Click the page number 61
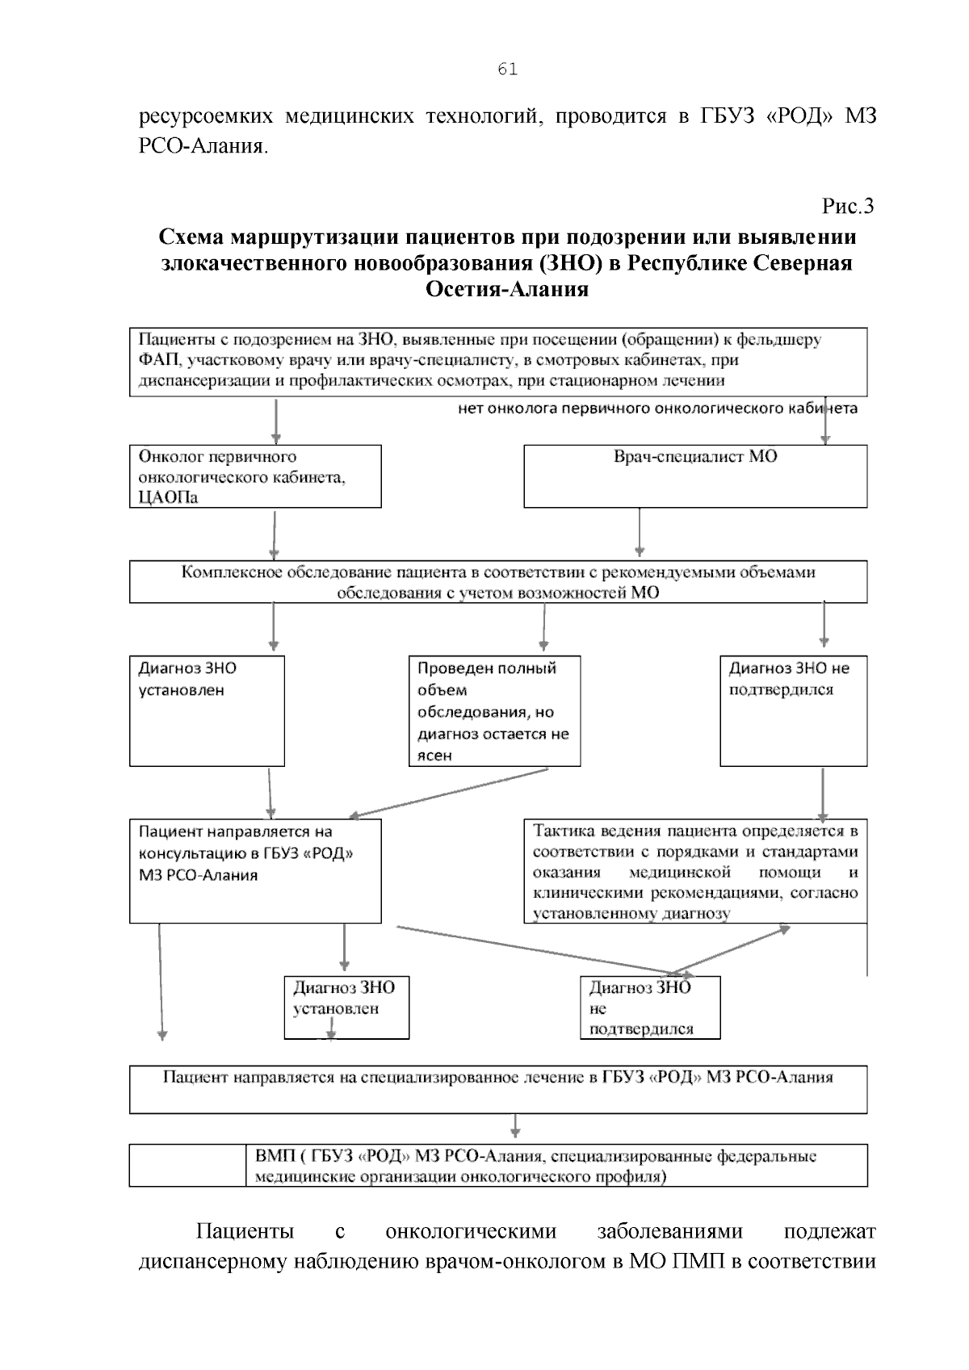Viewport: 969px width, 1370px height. (x=507, y=69)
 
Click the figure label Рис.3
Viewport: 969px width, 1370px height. (x=847, y=207)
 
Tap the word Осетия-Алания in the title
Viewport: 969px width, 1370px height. (x=506, y=289)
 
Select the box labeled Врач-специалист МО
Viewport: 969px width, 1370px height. (x=695, y=476)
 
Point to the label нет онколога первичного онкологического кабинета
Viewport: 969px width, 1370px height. (x=657, y=408)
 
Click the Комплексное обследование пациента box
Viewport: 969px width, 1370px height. (x=498, y=582)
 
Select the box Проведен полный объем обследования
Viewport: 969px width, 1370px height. (x=494, y=711)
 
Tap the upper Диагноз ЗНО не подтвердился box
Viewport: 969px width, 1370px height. (x=793, y=711)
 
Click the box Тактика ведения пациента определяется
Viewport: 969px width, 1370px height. (x=695, y=872)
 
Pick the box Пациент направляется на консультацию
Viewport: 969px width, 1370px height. (x=255, y=871)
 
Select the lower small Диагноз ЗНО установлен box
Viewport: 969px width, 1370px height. (x=346, y=1007)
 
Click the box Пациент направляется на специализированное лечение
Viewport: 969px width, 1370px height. (x=498, y=1089)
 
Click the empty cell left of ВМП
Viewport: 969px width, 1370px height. (x=187, y=1165)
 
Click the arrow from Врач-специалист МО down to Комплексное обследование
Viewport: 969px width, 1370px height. (x=640, y=533)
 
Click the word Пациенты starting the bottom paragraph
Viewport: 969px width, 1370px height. (x=245, y=1232)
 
